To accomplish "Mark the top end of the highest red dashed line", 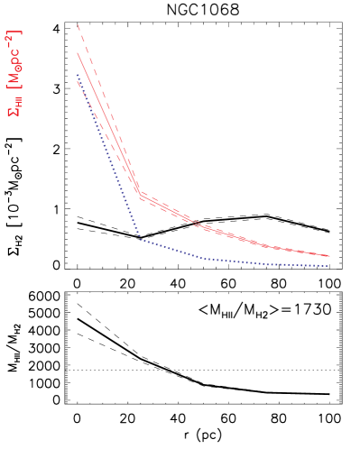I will pyautogui.click(x=78, y=25).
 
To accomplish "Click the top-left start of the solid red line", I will pyautogui.click(x=78, y=52).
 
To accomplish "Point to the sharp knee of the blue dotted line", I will pyautogui.click(x=140, y=239).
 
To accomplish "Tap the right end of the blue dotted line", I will pyautogui.click(x=328, y=266).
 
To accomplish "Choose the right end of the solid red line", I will pyautogui.click(x=329, y=256).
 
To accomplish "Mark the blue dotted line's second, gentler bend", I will pyautogui.click(x=206, y=259).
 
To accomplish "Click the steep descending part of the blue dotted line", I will pyautogui.click(x=108, y=158).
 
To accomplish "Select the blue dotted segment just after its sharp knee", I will pyautogui.click(x=171, y=249).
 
